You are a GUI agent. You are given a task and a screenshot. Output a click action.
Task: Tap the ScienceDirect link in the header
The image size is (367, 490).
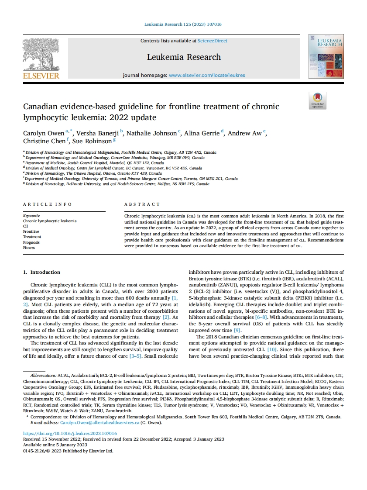[212, 41]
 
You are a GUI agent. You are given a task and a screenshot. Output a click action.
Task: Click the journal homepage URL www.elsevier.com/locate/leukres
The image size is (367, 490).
[207, 75]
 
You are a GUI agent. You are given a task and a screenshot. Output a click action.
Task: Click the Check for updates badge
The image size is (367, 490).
[317, 100]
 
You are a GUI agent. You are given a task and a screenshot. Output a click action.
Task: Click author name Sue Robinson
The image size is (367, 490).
[93, 141]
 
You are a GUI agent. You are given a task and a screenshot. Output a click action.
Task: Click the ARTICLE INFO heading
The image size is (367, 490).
[47, 204]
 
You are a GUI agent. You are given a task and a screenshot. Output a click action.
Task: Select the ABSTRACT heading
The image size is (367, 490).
[142, 204]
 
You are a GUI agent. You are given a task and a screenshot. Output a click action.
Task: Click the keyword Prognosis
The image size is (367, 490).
[31, 242]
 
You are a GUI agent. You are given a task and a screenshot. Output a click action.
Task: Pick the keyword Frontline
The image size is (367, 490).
[31, 232]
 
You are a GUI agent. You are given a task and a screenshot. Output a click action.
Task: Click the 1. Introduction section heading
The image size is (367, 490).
[42, 272]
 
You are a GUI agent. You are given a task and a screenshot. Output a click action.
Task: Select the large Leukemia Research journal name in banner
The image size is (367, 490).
[184, 57]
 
